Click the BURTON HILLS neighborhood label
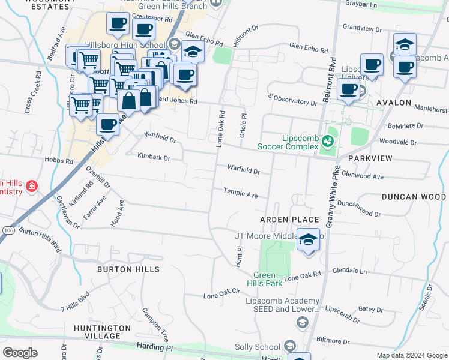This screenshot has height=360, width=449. pyautogui.click(x=128, y=269)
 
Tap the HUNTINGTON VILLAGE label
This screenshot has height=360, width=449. pyautogui.click(x=102, y=332)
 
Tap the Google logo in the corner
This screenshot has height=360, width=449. pyautogui.click(x=20, y=352)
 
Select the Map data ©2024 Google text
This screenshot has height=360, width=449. pyautogui.click(x=412, y=355)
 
